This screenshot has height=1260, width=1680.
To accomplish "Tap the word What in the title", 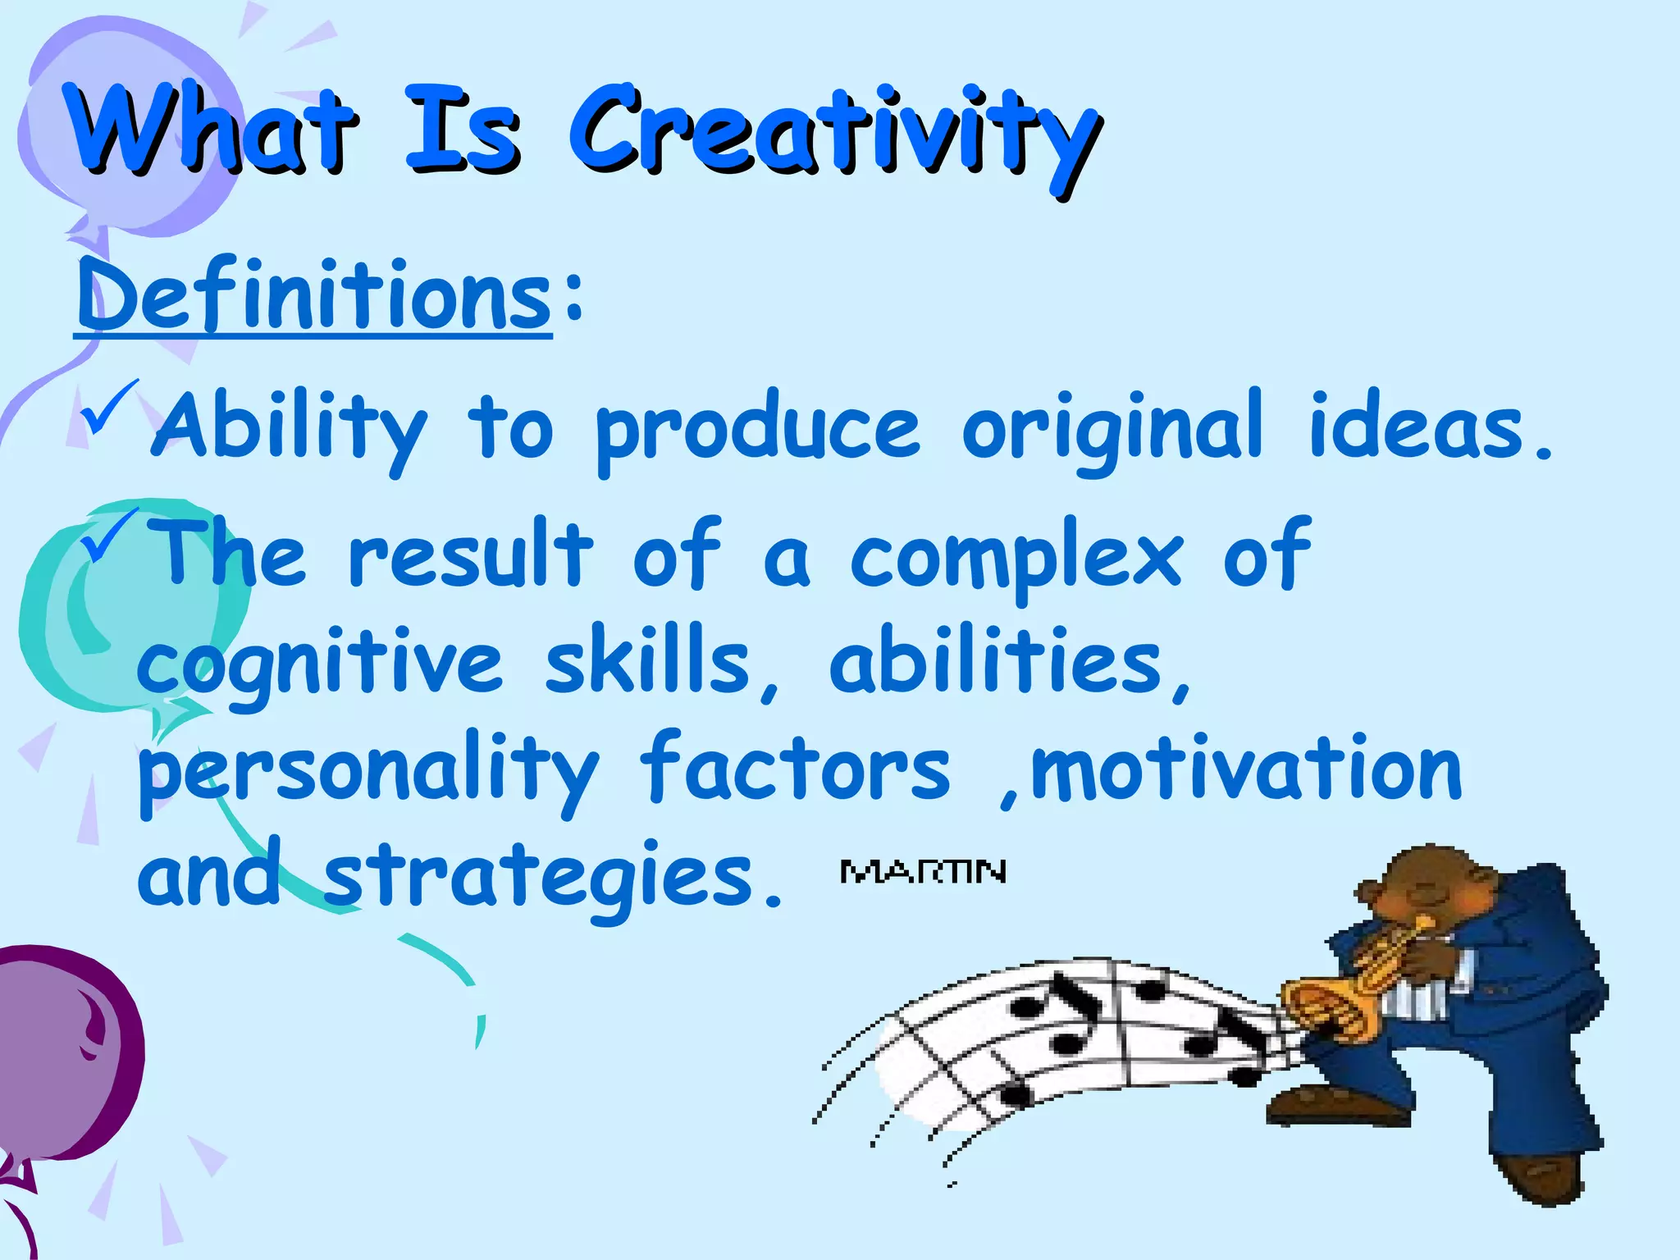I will (213, 131).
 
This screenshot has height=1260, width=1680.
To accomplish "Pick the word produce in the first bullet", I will (759, 431).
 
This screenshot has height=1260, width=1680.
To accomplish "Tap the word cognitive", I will (320, 664).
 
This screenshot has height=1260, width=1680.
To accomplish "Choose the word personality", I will (369, 771).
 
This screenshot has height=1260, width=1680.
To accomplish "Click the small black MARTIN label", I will (923, 872).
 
